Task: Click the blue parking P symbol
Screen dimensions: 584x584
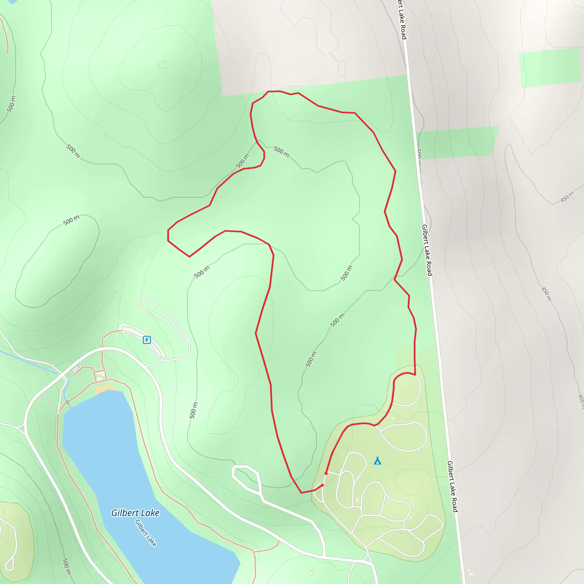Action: click(147, 340)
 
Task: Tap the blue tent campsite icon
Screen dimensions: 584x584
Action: click(377, 461)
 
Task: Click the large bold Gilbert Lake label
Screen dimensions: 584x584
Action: click(135, 513)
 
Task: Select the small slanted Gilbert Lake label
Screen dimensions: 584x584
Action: click(146, 533)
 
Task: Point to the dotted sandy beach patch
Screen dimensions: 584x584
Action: click(105, 388)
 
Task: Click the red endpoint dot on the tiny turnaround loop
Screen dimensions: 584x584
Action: click(322, 485)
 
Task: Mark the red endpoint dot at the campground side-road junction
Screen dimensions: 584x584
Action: click(326, 473)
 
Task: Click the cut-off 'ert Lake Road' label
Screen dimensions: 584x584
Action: click(402, 20)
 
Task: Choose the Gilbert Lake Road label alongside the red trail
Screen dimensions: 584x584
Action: click(427, 250)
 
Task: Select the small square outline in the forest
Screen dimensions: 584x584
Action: click(162, 65)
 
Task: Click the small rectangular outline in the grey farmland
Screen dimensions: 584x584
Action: click(341, 68)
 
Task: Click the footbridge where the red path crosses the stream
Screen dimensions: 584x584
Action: click(67, 402)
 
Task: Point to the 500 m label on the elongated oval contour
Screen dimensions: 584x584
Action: click(71, 220)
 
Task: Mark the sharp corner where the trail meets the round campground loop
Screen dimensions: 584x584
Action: click(415, 375)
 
